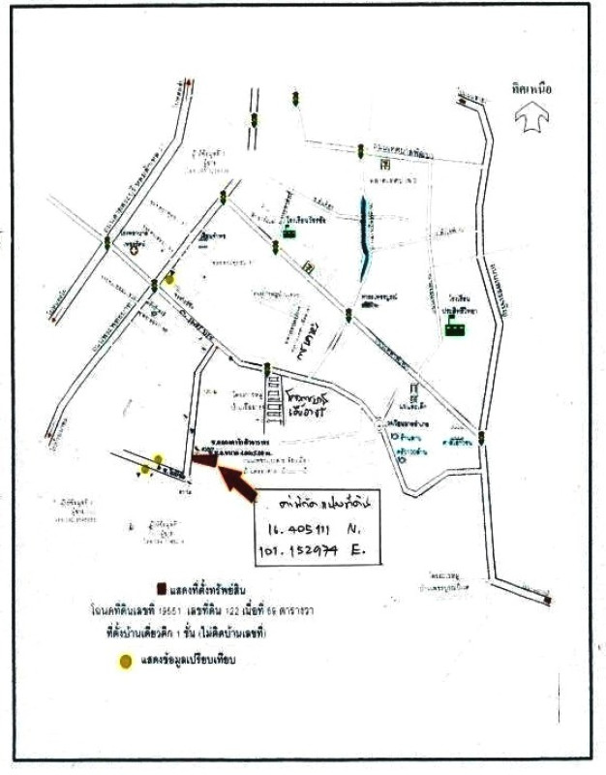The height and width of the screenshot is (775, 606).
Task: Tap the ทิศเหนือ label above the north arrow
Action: point(532,88)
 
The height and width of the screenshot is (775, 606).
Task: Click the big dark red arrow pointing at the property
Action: point(238,480)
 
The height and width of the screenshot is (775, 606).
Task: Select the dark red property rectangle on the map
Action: point(205,461)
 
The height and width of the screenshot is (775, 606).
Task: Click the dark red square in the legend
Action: point(161,589)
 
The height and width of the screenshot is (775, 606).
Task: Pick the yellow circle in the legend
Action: point(126,663)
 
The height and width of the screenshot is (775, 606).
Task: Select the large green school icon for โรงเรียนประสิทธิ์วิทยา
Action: point(453,328)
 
